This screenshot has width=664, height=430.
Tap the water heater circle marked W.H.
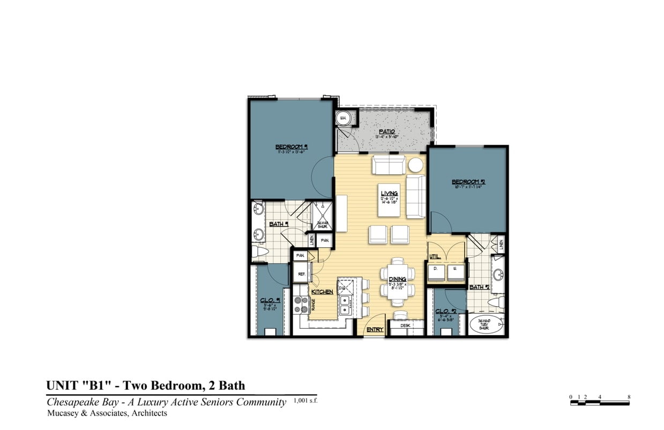[342, 118]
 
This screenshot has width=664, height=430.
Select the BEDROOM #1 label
[290, 146]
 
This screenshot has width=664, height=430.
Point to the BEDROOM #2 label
[465, 182]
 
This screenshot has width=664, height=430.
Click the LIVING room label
[390, 194]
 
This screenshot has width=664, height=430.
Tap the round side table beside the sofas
[416, 165]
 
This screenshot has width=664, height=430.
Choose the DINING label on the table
[398, 279]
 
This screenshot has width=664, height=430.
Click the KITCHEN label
[322, 292]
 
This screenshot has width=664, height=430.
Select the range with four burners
[301, 305]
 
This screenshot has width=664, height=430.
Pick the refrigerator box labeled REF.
[301, 273]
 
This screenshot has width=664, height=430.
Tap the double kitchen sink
[346, 305]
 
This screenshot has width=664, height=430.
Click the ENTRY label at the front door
[375, 330]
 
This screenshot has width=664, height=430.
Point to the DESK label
[406, 325]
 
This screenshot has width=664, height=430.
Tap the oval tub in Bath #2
[487, 325]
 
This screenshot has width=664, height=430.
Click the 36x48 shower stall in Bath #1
[323, 217]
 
